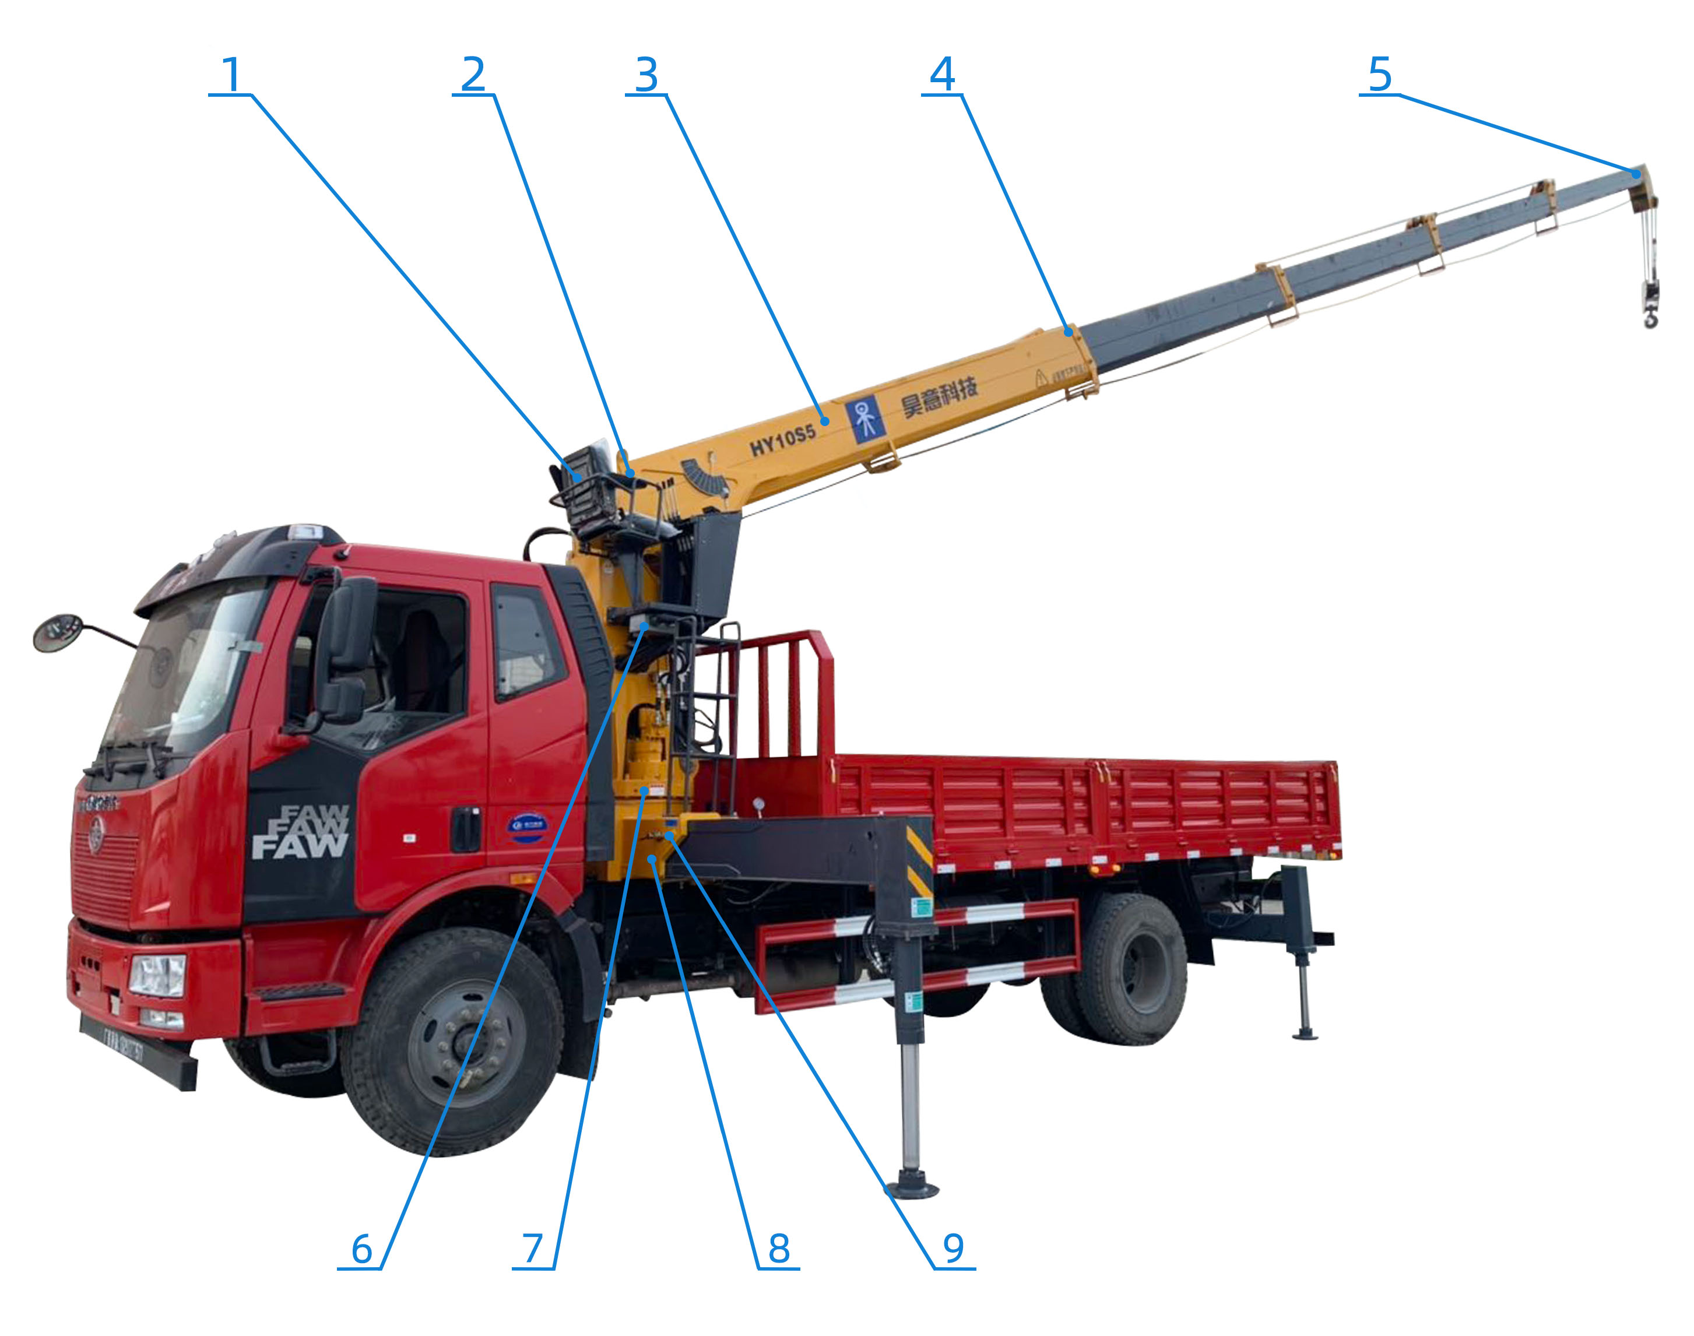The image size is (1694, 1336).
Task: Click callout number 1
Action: (231, 75)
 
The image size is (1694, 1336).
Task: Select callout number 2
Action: (473, 75)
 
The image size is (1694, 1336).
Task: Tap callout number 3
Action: (646, 75)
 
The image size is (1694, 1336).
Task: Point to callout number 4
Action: (943, 75)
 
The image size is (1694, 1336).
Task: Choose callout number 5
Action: (1380, 75)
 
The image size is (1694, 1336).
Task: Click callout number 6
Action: (361, 1249)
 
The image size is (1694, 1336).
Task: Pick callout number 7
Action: (533, 1249)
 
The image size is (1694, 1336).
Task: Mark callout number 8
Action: (778, 1249)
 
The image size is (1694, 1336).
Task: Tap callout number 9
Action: (953, 1249)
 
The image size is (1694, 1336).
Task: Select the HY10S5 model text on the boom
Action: (782, 441)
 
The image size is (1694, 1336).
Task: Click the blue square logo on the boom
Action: (865, 420)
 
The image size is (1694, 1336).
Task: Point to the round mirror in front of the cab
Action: (57, 632)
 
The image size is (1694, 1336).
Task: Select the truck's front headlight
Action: (157, 975)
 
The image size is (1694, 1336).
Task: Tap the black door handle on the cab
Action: (465, 829)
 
